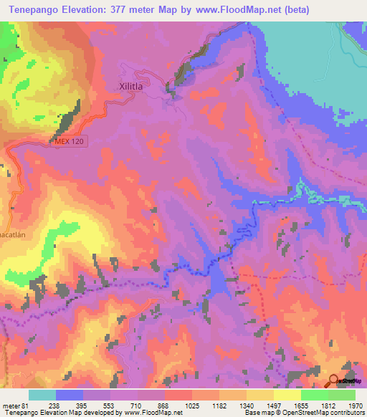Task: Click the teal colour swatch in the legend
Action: click(x=42, y=395)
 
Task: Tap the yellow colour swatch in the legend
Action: click(x=287, y=395)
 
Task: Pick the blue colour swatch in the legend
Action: click(x=70, y=395)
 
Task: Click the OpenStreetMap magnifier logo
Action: click(x=335, y=380)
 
